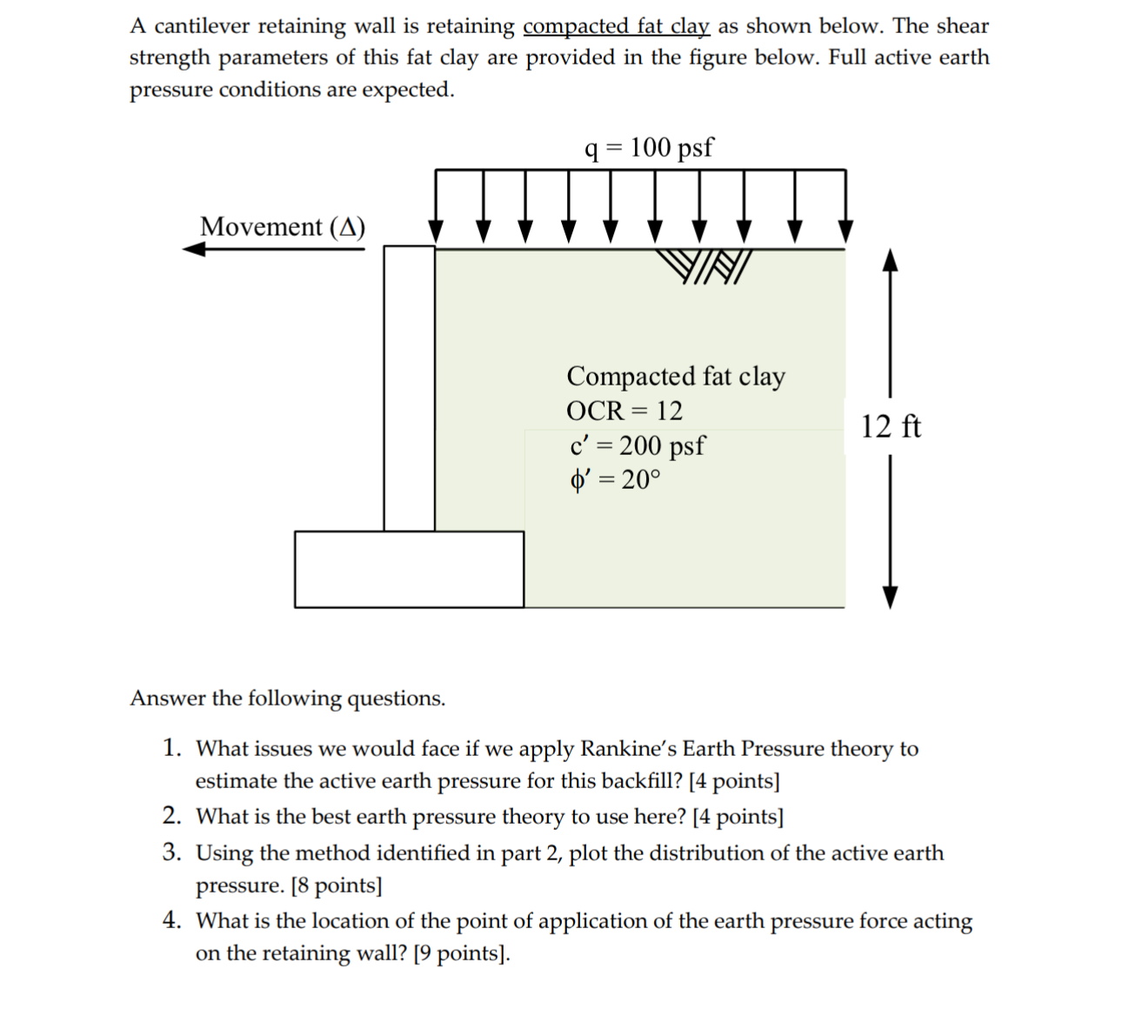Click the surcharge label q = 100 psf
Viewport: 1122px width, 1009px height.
tap(649, 148)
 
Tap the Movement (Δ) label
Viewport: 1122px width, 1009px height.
tap(283, 226)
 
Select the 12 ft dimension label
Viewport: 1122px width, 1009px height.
tap(891, 427)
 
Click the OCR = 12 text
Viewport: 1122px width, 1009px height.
tap(624, 410)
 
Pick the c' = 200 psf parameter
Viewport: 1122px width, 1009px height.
tap(636, 445)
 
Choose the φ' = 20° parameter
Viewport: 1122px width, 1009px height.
tap(615, 479)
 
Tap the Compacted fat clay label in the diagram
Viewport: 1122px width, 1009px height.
tap(675, 376)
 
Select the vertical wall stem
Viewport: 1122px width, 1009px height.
tap(409, 387)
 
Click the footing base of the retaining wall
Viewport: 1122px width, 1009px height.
tap(409, 569)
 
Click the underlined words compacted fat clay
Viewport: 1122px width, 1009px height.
tap(617, 26)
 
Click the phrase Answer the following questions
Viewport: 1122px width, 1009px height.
tap(287, 698)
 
